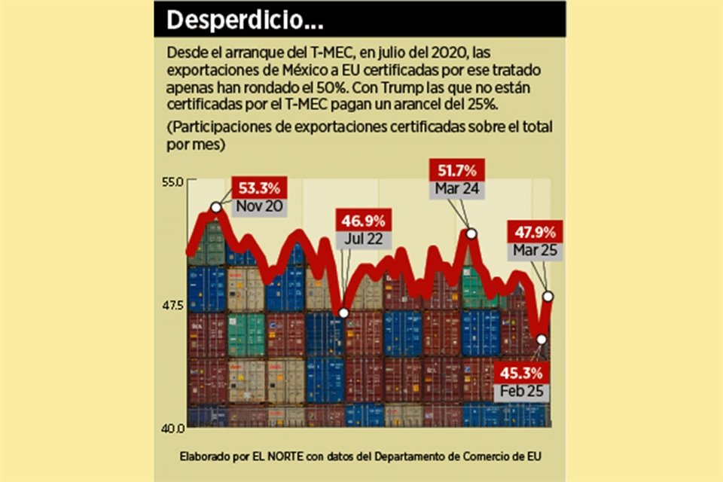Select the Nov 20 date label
click(260, 206)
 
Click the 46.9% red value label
click(364, 221)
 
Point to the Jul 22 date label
click(363, 239)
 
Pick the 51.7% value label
click(456, 171)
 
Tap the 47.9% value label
click(535, 232)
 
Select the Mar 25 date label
click(535, 249)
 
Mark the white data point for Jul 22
click(343, 313)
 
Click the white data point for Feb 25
click(541, 340)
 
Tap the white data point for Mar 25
click(548, 296)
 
